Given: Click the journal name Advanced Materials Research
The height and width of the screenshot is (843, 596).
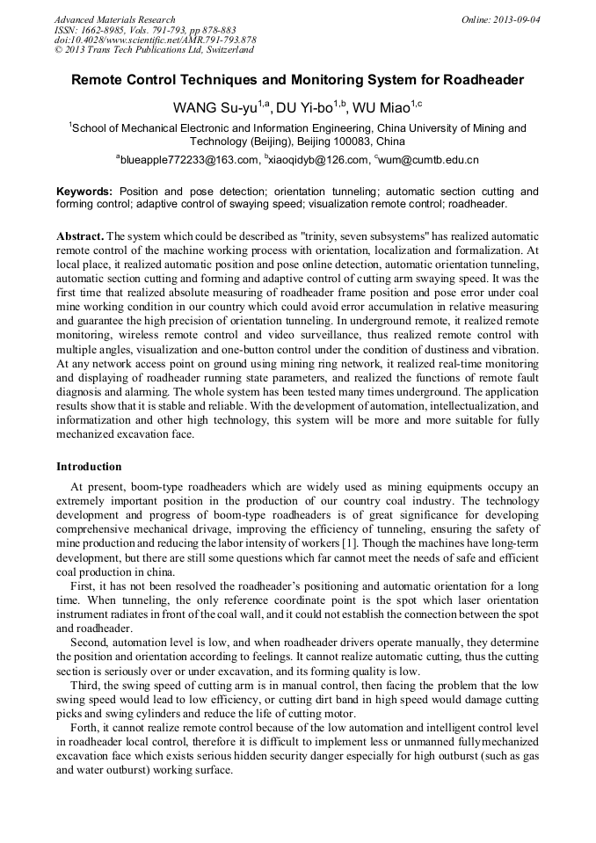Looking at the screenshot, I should coord(114,19).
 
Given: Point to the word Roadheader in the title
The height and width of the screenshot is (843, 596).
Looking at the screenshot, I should coord(483,80).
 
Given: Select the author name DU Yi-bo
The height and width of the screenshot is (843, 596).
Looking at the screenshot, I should coord(306,108).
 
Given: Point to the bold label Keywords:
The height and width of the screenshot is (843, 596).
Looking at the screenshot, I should coord(84,192).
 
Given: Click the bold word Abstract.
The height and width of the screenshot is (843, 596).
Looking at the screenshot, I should coord(79,237).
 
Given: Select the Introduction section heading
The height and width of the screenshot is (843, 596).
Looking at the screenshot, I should coord(89,467).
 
